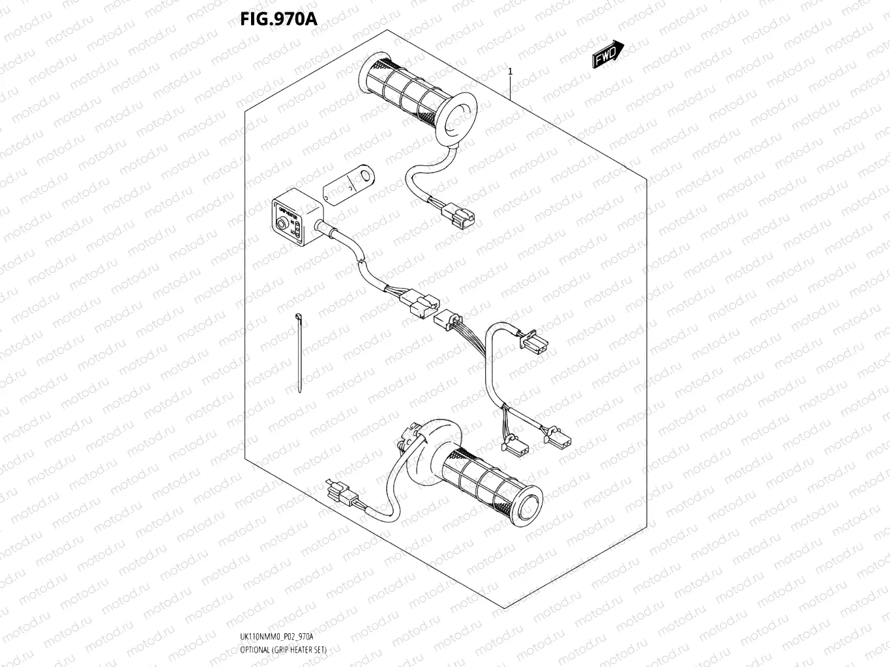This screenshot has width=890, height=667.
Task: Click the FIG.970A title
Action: tap(278, 19)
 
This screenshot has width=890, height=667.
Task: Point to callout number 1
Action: tap(510, 72)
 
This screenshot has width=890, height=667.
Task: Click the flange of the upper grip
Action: tap(456, 118)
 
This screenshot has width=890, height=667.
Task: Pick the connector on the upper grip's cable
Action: tap(458, 215)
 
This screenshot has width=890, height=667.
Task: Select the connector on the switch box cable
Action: tap(422, 304)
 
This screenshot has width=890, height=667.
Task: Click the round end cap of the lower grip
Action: tap(528, 504)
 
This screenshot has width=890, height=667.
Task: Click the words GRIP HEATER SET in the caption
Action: tap(303, 650)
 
